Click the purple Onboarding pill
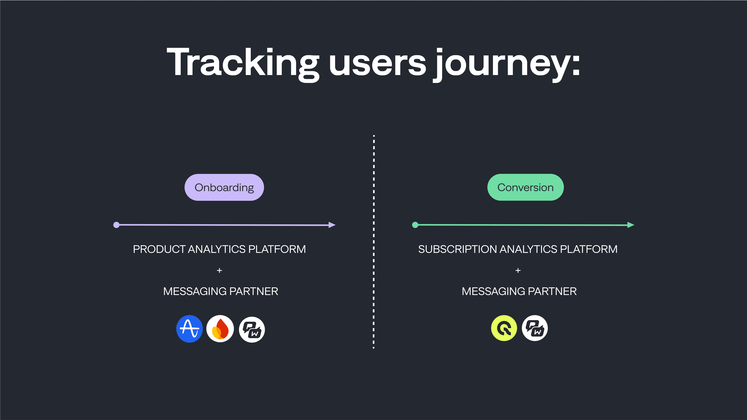coord(224,187)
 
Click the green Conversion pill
coord(525,187)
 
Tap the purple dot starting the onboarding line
coord(116,225)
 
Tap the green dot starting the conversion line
coord(415,225)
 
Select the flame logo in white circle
coord(220,329)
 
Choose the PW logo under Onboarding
coord(252,329)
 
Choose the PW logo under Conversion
coord(535,328)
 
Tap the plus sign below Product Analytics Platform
coord(219,271)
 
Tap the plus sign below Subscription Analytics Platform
coord(518,271)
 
